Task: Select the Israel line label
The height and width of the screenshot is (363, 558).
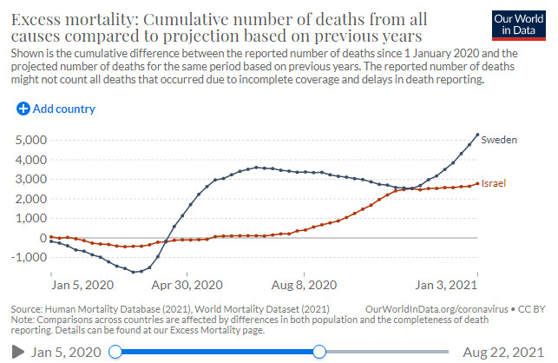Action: pos(495,183)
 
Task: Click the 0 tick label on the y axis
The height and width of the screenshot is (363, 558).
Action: pos(37,237)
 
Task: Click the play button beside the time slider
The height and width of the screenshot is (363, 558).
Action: pos(16,351)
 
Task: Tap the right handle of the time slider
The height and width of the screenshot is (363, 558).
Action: pos(319,351)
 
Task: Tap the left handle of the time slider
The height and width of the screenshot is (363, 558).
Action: pos(116,351)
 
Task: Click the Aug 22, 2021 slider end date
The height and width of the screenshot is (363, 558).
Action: pos(503,351)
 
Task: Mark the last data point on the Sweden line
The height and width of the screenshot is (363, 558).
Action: pos(477,135)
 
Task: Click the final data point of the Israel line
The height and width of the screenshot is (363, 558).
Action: pos(477,183)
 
